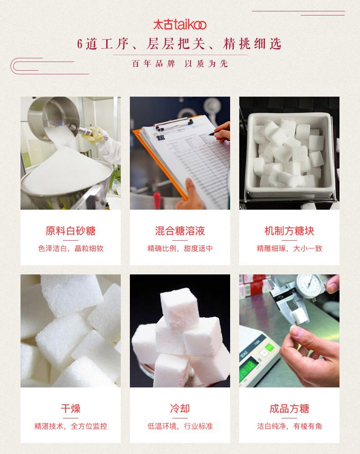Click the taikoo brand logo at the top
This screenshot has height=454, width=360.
pos(180,25)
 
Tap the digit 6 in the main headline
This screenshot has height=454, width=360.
pos(80,44)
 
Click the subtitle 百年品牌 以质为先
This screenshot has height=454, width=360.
pos(180,64)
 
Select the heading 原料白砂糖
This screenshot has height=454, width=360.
pos(70,231)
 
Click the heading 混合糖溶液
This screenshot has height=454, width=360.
pos(180,231)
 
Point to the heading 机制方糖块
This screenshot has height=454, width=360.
pos(289,231)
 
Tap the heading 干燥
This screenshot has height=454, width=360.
pos(71,408)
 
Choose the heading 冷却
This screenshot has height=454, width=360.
pos(180,408)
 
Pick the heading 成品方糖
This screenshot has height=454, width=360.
pos(289,408)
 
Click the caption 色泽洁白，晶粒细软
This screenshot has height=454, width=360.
pos(71,248)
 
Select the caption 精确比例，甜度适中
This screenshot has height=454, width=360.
pos(180,248)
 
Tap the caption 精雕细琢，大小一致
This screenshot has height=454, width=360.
pos(289,248)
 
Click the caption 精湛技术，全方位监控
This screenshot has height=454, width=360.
pos(71,426)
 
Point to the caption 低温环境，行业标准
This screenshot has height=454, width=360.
pos(180,426)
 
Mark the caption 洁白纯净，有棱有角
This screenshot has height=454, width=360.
pos(289,426)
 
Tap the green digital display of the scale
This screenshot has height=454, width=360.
pos(249,368)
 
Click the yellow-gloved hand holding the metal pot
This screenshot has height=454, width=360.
pos(94,134)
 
